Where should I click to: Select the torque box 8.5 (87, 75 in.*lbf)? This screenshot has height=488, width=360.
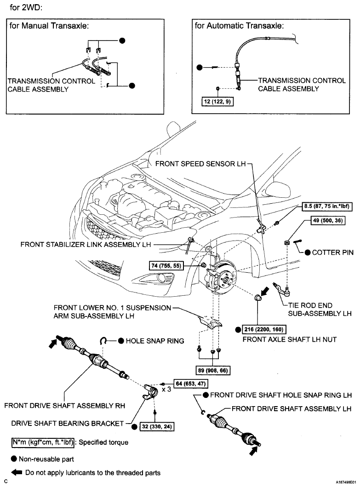click(x=327, y=207)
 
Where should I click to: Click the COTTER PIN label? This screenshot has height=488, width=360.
click(x=332, y=253)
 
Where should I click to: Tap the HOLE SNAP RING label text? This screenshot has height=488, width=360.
click(x=154, y=341)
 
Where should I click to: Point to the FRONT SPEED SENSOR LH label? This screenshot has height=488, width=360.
click(x=200, y=164)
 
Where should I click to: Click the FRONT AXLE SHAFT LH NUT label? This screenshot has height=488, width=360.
click(x=289, y=339)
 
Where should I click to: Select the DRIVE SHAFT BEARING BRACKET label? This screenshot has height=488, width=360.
click(x=67, y=424)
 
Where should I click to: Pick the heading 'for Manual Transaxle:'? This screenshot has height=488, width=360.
click(x=49, y=26)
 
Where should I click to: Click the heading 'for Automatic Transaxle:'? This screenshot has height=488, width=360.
click(x=239, y=25)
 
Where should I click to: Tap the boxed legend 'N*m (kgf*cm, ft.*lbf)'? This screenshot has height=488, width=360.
click(x=43, y=442)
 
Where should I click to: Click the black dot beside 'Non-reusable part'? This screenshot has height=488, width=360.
click(x=14, y=459)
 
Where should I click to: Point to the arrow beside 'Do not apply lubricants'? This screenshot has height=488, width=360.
click(x=17, y=472)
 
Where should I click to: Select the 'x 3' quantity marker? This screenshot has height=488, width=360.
click(x=166, y=389)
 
